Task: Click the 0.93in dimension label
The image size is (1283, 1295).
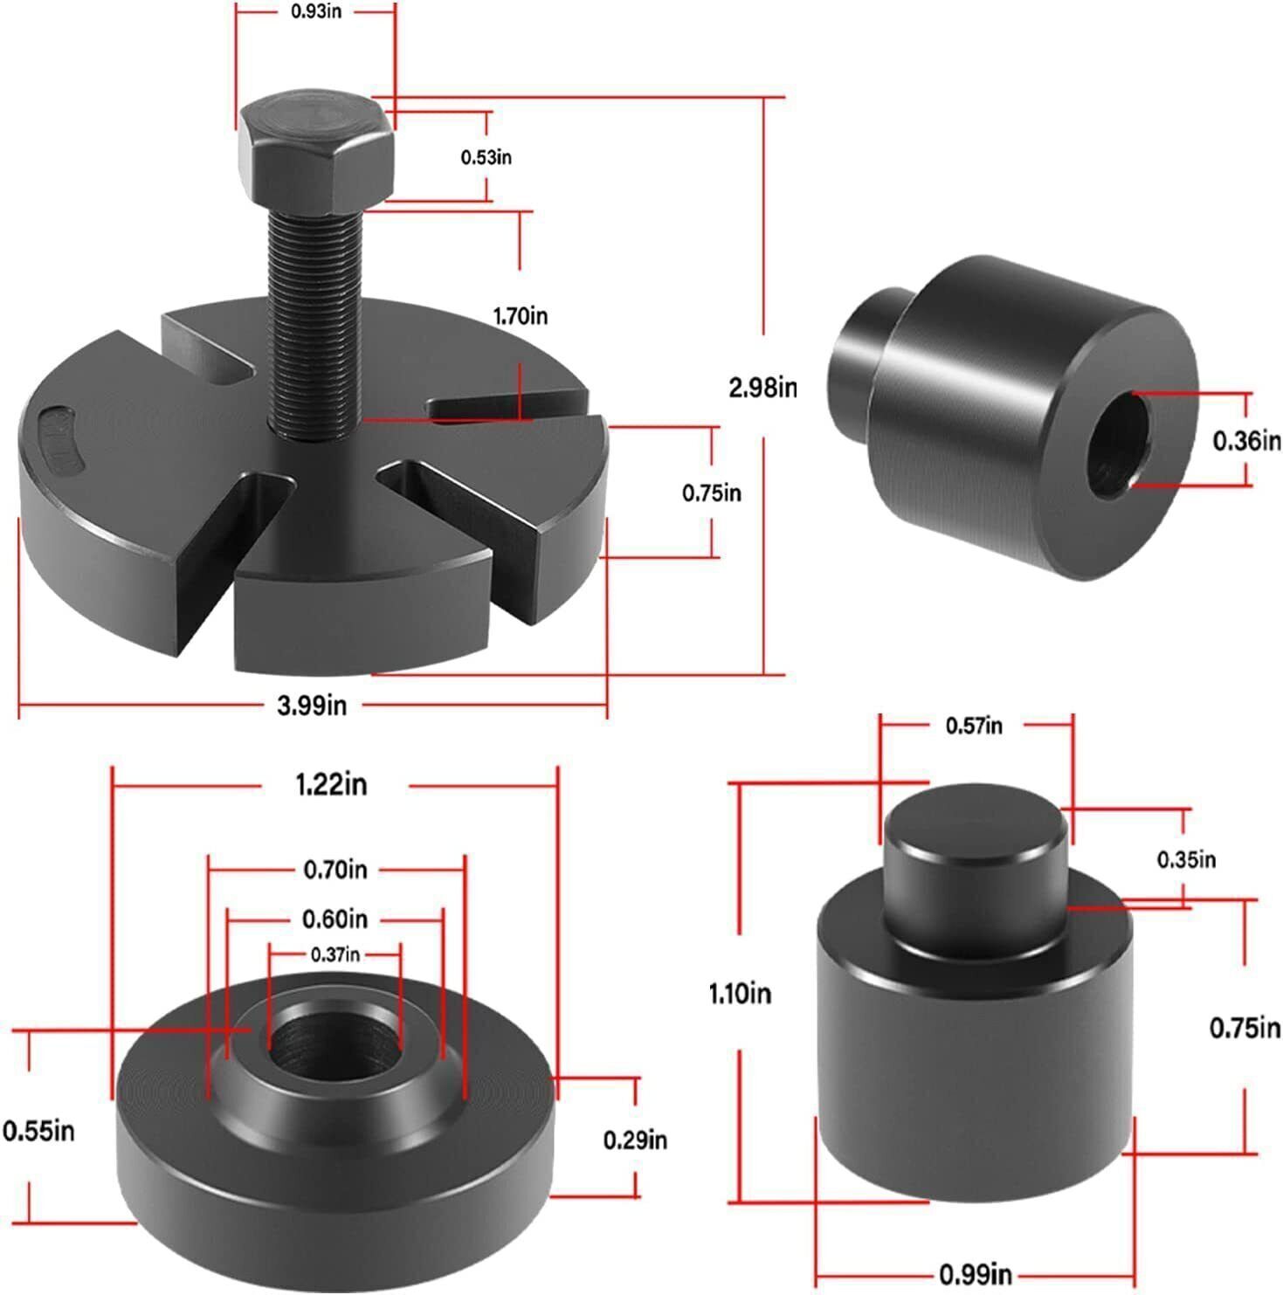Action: tap(316, 14)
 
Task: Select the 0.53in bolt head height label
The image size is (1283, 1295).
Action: tap(486, 157)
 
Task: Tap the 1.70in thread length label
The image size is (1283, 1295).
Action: tap(521, 315)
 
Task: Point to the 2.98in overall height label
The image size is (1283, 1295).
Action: tap(763, 387)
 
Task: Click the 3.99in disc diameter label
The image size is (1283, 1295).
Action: tap(312, 705)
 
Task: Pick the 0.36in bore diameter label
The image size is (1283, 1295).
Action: tap(1246, 441)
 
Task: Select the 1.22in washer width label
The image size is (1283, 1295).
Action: tap(332, 784)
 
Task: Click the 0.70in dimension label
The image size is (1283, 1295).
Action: tap(335, 869)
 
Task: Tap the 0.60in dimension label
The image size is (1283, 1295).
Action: tap(335, 919)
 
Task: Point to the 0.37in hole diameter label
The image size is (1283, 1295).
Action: tap(335, 954)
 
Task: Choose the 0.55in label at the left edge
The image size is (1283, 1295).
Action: tap(38, 1131)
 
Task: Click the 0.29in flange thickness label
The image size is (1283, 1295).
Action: tap(635, 1140)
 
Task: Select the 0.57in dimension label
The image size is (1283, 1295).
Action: tap(974, 725)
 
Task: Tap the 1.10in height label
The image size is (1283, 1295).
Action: tap(740, 993)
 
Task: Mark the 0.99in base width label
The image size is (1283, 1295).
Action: tap(976, 1274)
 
